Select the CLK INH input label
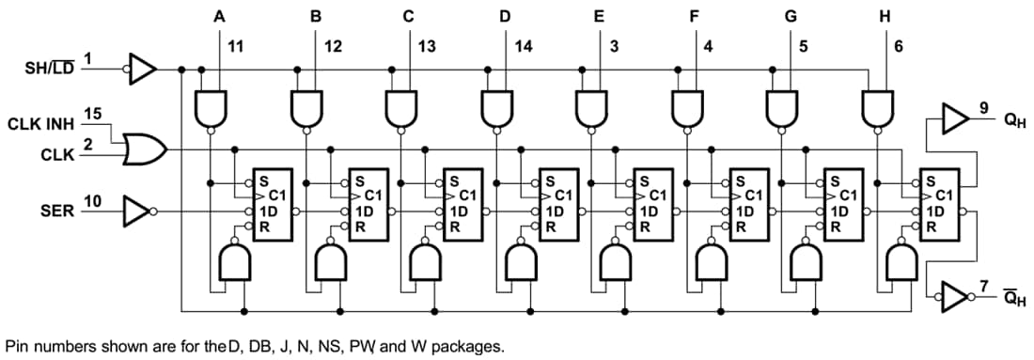tap(40, 124)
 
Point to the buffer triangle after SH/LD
tap(142, 69)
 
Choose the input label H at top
tap(884, 16)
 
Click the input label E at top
tap(599, 16)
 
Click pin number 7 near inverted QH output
tap(984, 285)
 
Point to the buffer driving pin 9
tap(954, 118)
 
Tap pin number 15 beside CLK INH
tap(92, 114)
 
